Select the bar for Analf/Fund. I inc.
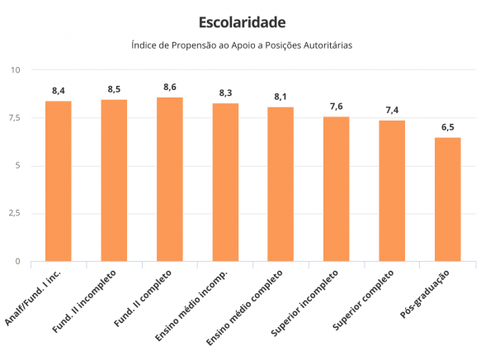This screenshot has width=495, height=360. [x=59, y=181]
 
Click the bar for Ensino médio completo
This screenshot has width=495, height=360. [x=280, y=184]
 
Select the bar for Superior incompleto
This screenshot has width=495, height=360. [x=337, y=189]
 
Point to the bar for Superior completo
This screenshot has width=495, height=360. [x=392, y=191]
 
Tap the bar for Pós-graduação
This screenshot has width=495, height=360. [x=447, y=199]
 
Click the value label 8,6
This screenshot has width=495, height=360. [x=170, y=87]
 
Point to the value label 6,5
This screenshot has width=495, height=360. [x=447, y=127]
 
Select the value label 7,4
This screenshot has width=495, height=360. [x=392, y=110]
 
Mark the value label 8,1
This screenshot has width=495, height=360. [x=280, y=97]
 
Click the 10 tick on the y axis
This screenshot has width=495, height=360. [x=15, y=69]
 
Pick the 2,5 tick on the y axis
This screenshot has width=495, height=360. [x=13, y=213]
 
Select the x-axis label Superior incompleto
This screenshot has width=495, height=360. [x=305, y=304]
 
